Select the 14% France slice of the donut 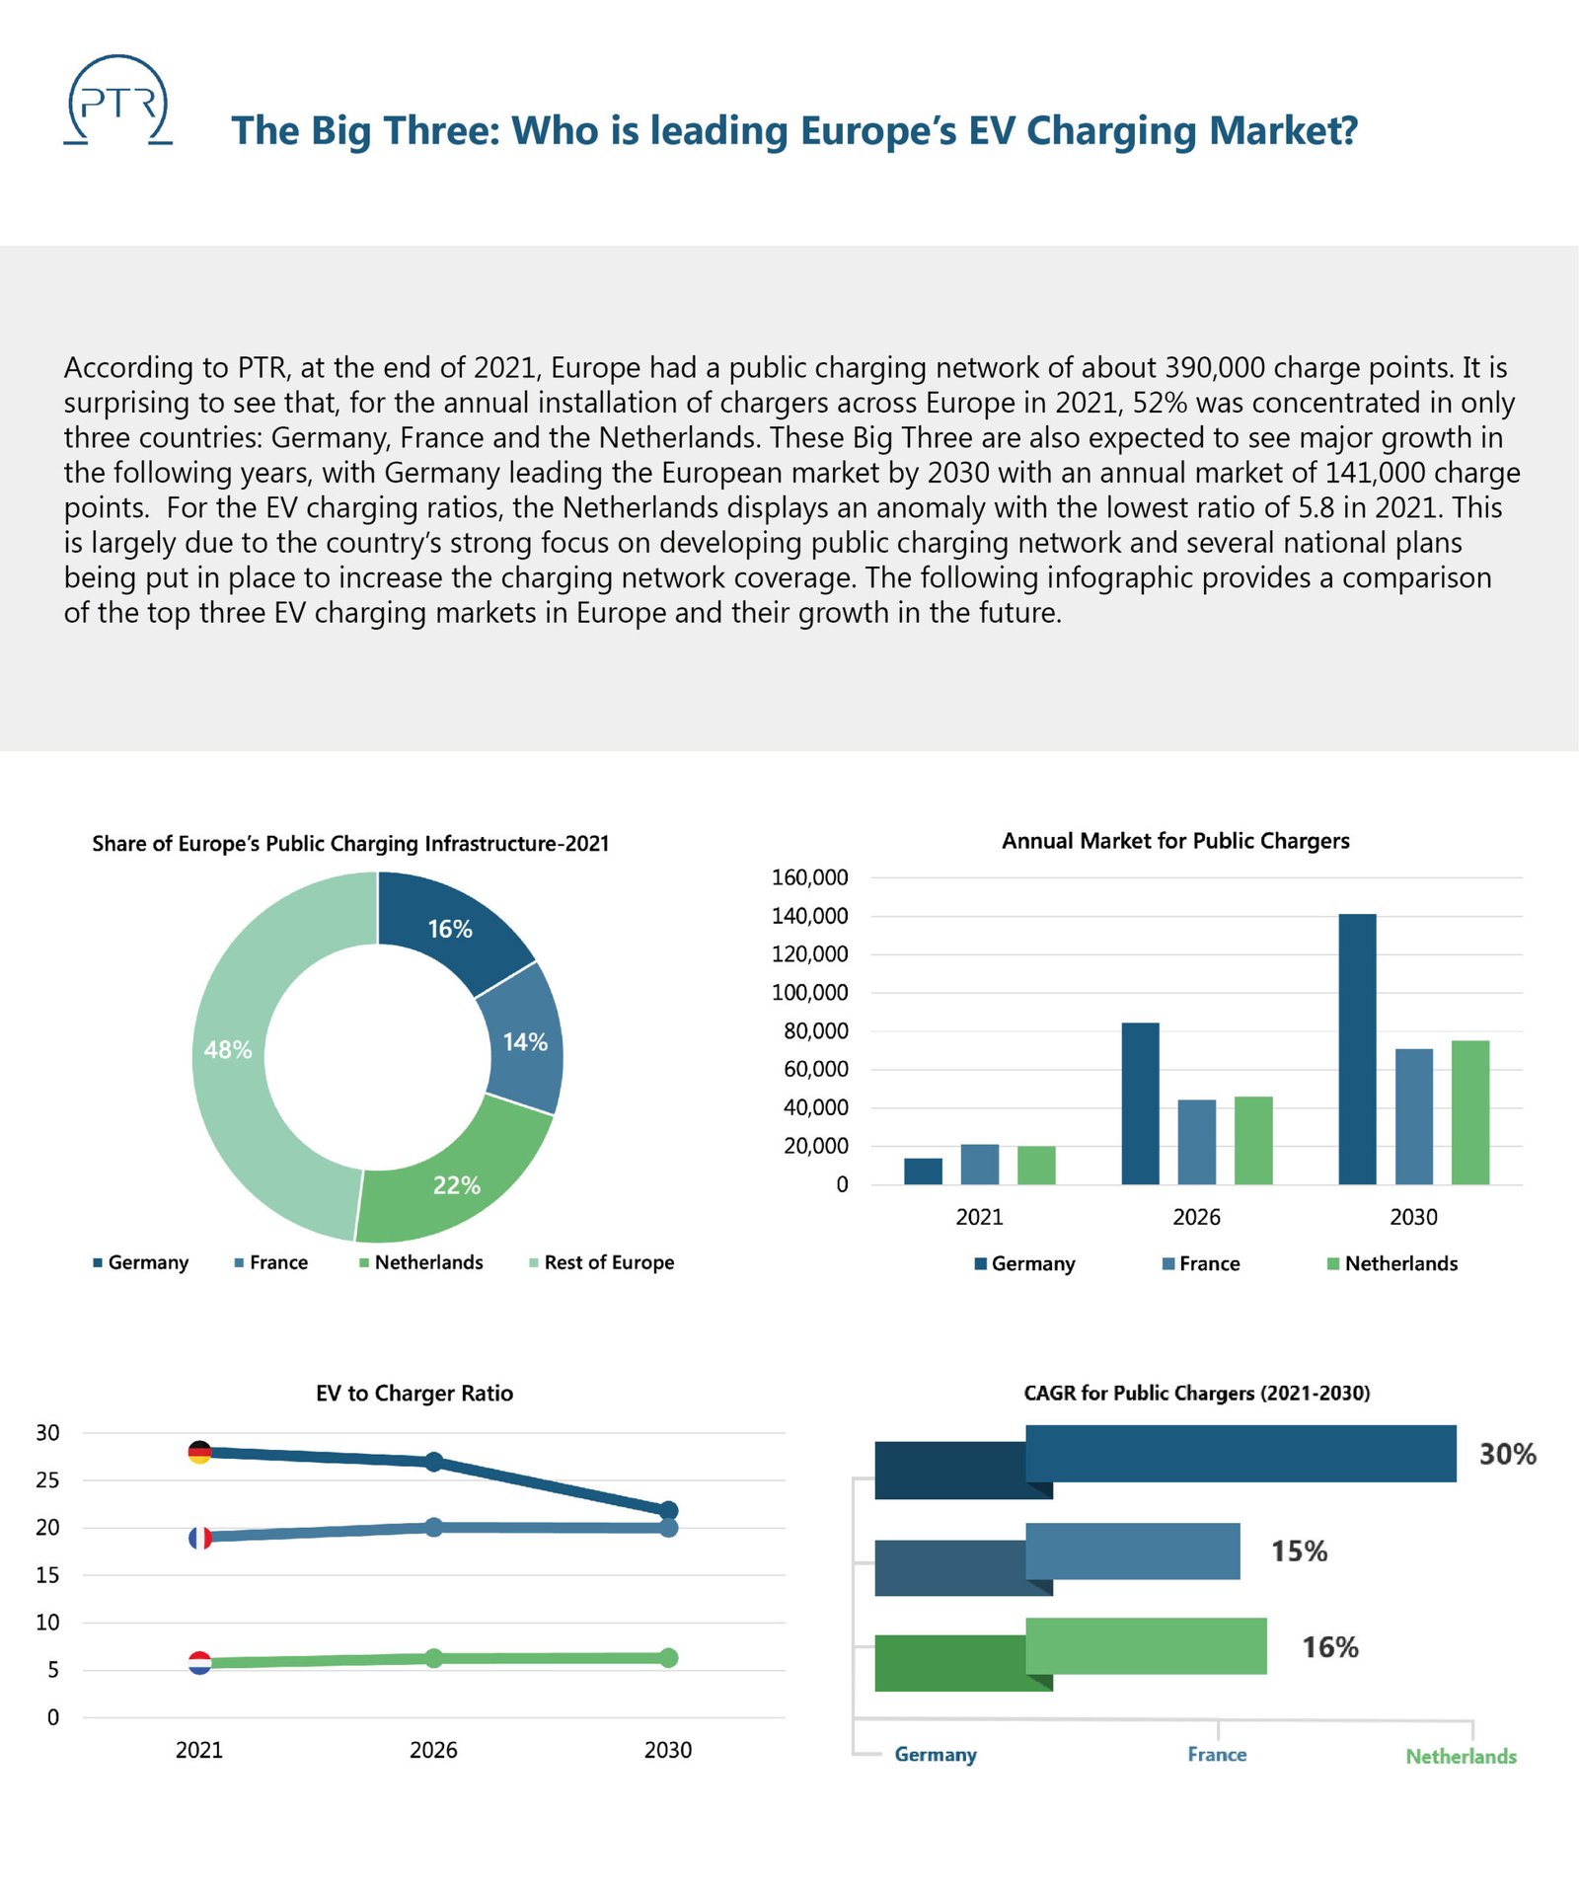pos(524,1042)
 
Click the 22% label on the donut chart pos(456,1185)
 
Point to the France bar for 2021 pos(979,1165)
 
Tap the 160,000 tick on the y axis pos(809,877)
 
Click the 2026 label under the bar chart pos(1196,1217)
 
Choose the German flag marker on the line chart pos(199,1452)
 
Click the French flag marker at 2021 pos(200,1537)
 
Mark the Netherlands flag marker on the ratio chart pos(199,1662)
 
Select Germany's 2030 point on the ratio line pos(668,1510)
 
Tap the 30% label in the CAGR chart pos(1507,1454)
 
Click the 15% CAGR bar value pos(1299,1552)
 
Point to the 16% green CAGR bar pos(1146,1646)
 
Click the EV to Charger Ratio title pos(414,1393)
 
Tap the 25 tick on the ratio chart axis pos(47,1479)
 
